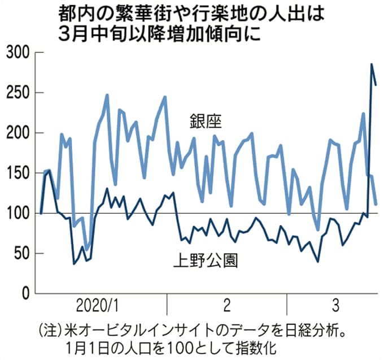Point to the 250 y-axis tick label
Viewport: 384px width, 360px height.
point(17,93)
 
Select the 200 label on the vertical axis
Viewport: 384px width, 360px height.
point(17,133)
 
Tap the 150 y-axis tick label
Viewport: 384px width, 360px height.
point(17,173)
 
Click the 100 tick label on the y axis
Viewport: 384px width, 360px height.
point(17,213)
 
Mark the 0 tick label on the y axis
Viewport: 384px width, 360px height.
point(24,293)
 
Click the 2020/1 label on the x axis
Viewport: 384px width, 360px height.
point(98,307)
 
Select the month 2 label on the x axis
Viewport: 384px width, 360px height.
point(227,307)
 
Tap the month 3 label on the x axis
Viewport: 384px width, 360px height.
point(336,307)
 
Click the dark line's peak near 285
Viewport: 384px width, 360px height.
point(372,64)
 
